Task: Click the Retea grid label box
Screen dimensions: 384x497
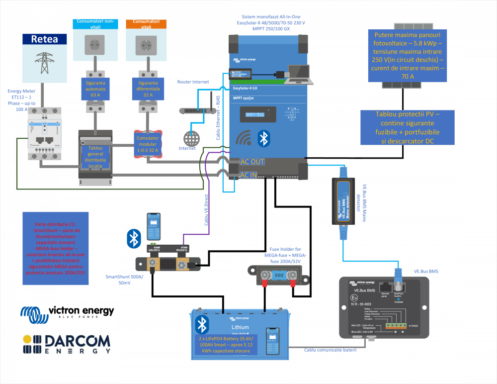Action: [x=44, y=39]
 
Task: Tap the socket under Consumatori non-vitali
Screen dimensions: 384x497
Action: [x=95, y=48]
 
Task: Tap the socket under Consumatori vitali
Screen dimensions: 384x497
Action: [x=146, y=48]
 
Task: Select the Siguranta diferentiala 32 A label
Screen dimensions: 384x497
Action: [x=148, y=88]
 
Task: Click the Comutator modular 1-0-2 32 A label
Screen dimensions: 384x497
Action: [x=148, y=144]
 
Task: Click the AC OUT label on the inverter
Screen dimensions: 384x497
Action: [x=252, y=162]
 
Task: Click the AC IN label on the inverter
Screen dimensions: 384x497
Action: [x=249, y=175]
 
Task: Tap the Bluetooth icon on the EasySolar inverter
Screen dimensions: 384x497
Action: [x=263, y=138]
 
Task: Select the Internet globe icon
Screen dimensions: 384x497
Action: [x=191, y=138]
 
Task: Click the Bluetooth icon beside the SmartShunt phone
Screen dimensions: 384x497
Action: [x=133, y=238]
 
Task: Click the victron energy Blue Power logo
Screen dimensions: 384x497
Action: [x=67, y=315]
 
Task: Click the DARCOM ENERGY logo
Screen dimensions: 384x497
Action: [x=67, y=344]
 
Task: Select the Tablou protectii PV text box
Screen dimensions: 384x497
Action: [x=407, y=127]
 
